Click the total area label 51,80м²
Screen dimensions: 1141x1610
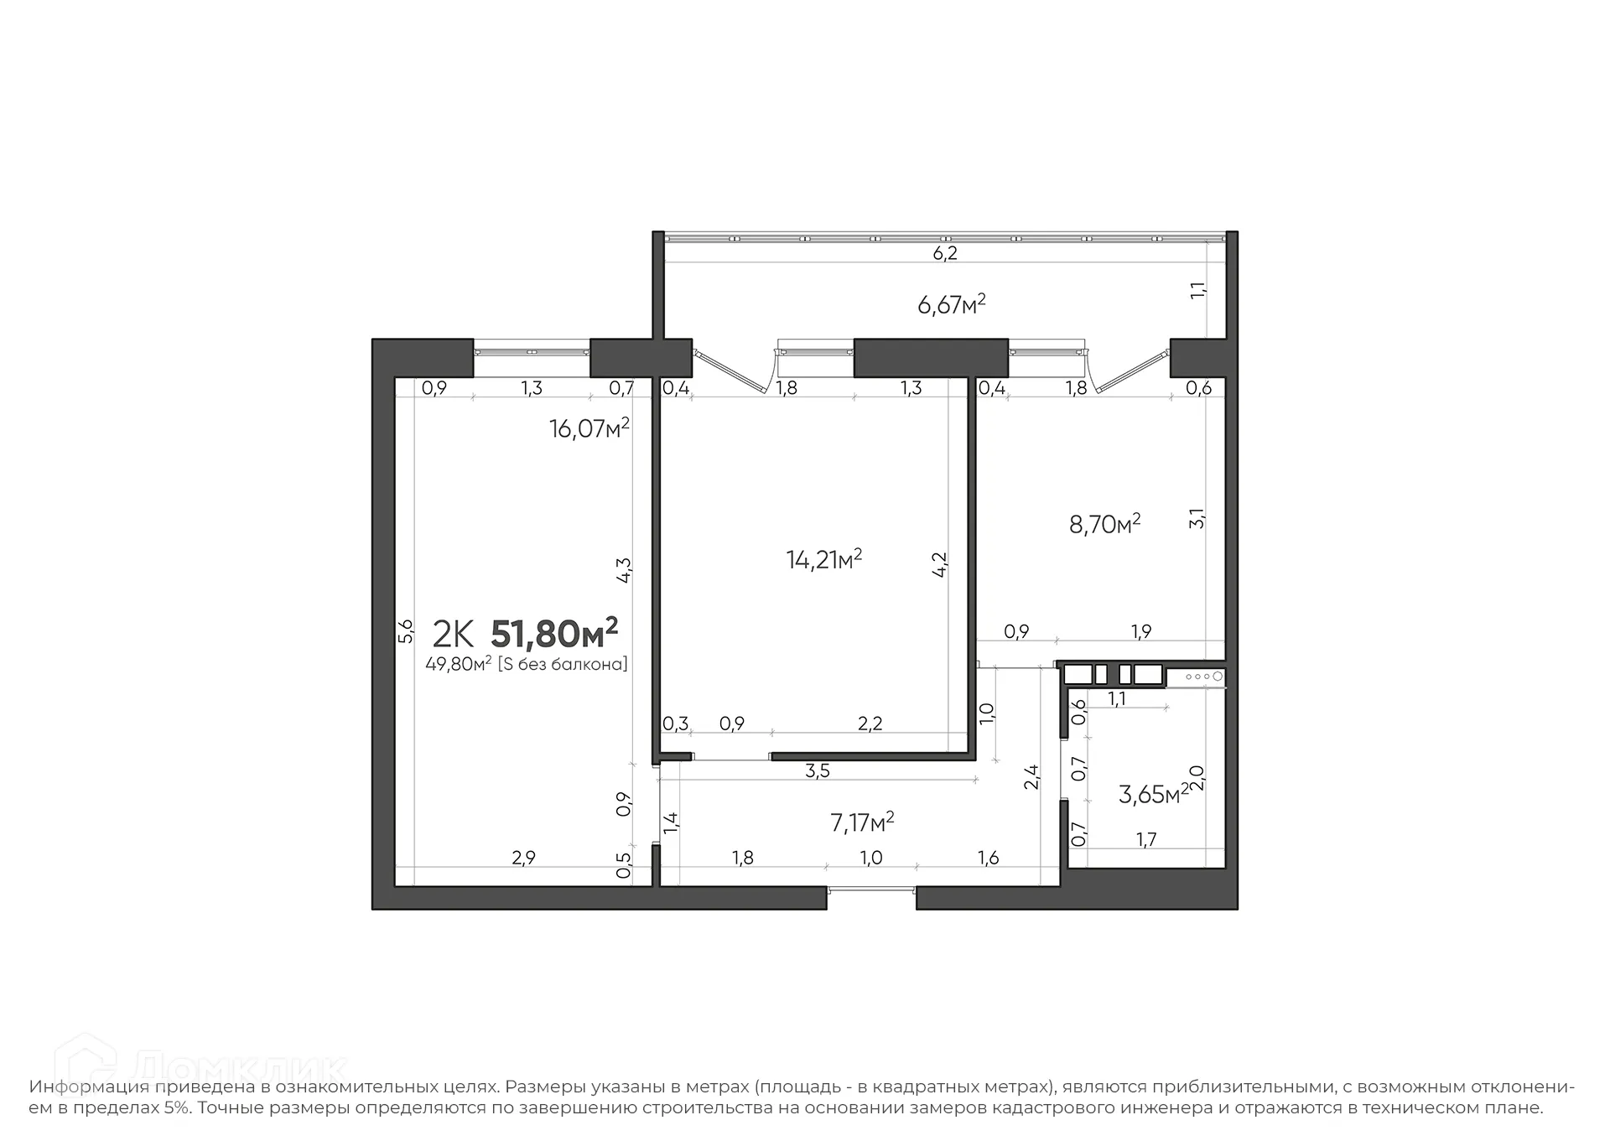point(554,634)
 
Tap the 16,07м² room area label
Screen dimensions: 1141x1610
point(589,429)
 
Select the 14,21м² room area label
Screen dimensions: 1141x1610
point(824,559)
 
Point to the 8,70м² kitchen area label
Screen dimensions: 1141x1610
point(1104,525)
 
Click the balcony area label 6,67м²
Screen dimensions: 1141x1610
point(952,304)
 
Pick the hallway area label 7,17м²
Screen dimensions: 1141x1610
point(862,822)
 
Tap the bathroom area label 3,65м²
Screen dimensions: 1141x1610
point(1153,794)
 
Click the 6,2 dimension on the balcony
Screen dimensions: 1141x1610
point(945,253)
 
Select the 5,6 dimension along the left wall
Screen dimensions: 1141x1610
point(406,630)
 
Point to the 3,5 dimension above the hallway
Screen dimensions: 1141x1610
point(817,771)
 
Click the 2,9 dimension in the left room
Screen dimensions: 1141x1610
point(523,858)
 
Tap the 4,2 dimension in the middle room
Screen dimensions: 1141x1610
point(940,564)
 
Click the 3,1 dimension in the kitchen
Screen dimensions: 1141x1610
point(1197,518)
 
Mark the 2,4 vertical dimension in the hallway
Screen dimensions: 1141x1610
point(1031,777)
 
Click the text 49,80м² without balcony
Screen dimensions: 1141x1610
point(527,665)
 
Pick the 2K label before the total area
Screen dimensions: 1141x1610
point(453,635)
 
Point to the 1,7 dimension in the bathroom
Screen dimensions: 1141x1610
point(1145,840)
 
